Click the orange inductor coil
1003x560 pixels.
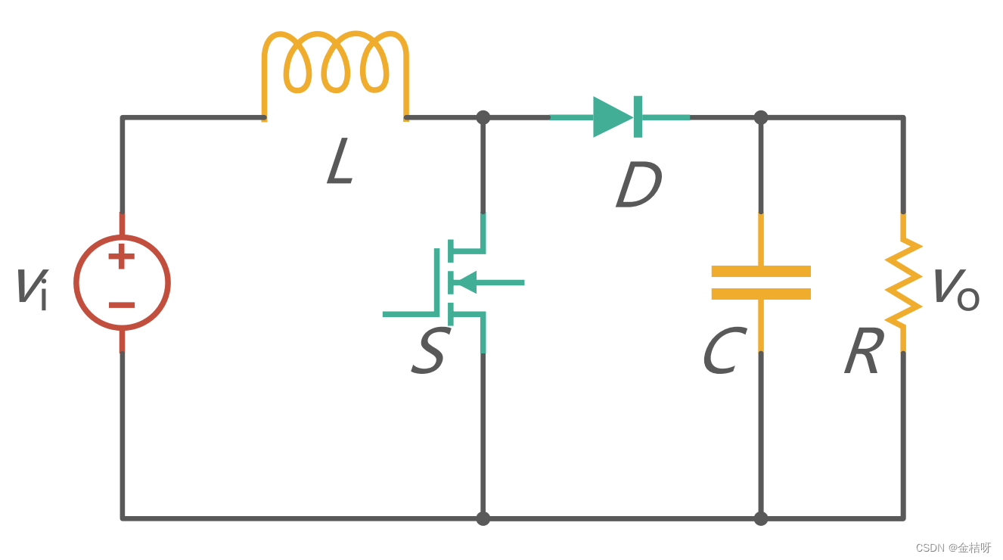(x=335, y=64)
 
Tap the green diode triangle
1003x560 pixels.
(x=611, y=117)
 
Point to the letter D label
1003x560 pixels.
(x=638, y=185)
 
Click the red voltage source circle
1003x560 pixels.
(x=122, y=282)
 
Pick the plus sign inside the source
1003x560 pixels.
(x=122, y=257)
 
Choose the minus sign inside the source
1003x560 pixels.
(x=122, y=305)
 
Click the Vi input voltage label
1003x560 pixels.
(x=32, y=288)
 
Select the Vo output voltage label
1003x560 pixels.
(x=955, y=288)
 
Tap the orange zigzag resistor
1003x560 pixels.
(x=903, y=282)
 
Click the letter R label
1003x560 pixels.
(x=864, y=353)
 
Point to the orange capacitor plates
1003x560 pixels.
(x=761, y=282)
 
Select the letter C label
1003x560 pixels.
(x=724, y=353)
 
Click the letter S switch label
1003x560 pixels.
(x=429, y=353)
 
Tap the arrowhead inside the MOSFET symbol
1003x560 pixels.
(x=463, y=282)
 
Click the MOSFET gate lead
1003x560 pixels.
(x=408, y=313)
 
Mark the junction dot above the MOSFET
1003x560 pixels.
(x=483, y=117)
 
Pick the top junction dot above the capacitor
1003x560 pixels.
(x=761, y=117)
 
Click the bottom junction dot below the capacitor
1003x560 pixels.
(x=761, y=518)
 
